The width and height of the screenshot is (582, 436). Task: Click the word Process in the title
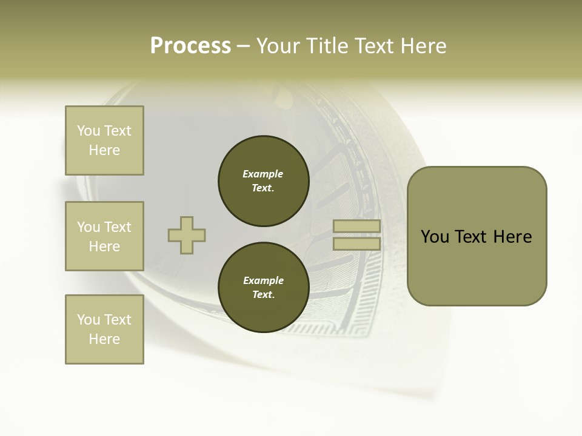click(190, 46)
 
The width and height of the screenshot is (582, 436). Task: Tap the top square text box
click(104, 140)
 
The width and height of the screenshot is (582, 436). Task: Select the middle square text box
click(104, 236)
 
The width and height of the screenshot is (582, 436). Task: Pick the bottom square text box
click(104, 329)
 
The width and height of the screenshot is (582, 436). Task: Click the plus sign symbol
click(187, 235)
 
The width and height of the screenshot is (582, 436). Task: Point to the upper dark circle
click(263, 181)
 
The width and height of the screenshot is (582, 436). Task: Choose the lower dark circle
click(263, 288)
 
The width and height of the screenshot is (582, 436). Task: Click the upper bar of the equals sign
click(356, 226)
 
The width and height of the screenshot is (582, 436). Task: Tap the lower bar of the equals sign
click(356, 244)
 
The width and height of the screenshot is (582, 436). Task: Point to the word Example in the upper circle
click(263, 174)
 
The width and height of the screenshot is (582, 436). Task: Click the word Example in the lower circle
click(263, 280)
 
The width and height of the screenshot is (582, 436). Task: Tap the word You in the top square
click(89, 131)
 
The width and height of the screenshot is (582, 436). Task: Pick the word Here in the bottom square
click(104, 339)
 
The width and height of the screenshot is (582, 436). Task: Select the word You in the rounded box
click(434, 237)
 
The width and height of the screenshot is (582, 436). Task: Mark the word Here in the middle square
click(104, 246)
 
